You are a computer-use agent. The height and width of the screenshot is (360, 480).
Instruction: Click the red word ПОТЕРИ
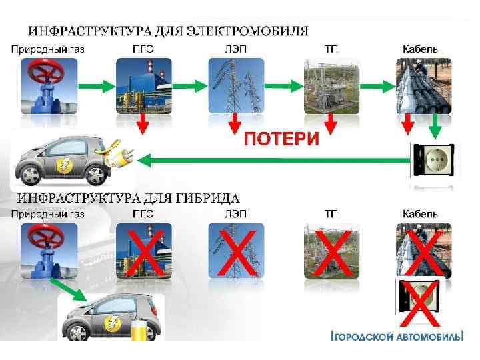click(x=281, y=139)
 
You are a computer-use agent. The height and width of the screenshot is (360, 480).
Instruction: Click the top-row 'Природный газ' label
click(x=48, y=49)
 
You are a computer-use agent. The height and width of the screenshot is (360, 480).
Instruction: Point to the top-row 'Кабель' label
click(x=420, y=49)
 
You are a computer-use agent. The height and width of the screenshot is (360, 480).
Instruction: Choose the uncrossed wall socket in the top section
click(x=434, y=161)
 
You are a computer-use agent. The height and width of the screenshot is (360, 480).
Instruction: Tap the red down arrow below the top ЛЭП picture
click(x=235, y=123)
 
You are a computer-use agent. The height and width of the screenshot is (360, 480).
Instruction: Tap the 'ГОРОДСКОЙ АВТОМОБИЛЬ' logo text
click(x=398, y=337)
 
